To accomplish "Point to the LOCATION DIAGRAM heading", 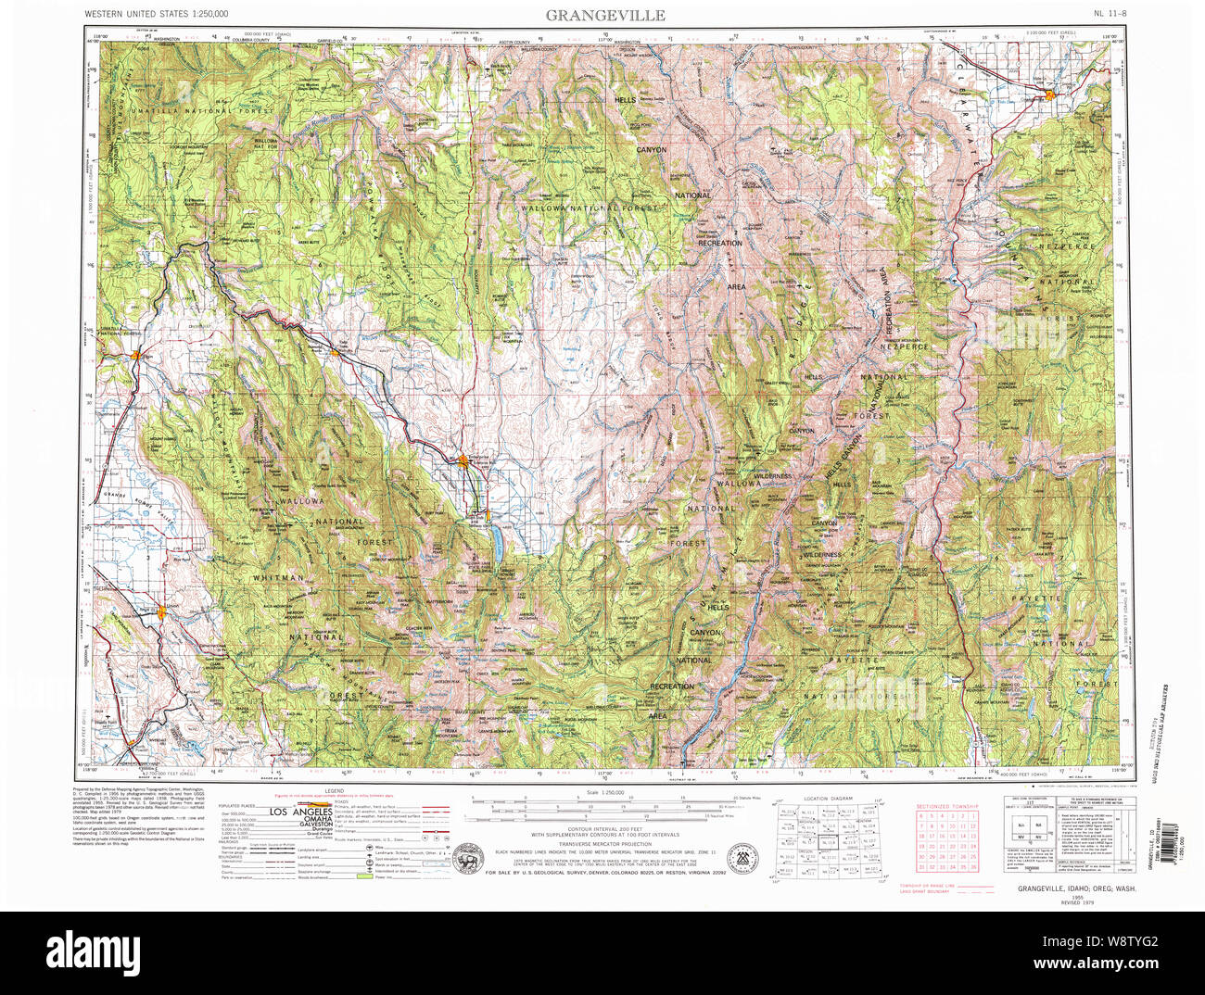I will click(828, 798).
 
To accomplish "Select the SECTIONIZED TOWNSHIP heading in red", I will click(945, 806).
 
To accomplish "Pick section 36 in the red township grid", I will click(974, 867).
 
